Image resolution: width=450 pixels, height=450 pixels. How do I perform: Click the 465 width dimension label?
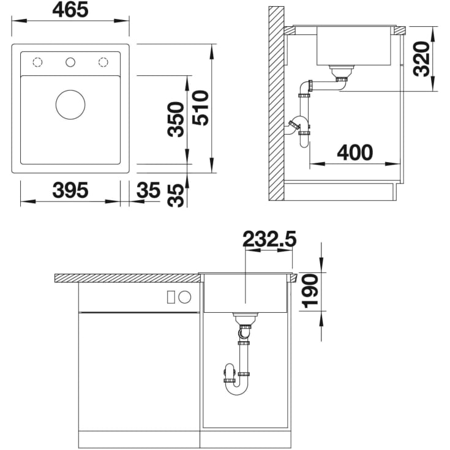(70, 10)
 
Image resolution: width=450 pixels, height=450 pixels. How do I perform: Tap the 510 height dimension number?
(200, 108)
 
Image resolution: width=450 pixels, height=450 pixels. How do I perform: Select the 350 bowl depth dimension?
(176, 119)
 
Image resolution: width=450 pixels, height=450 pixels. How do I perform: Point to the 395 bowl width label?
(70, 190)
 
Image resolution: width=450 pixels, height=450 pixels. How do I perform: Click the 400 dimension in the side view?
(355, 152)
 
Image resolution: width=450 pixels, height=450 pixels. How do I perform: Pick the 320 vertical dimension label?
(422, 59)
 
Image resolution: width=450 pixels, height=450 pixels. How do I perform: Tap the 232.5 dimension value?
(269, 239)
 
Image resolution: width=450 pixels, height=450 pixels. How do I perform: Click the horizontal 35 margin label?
(148, 190)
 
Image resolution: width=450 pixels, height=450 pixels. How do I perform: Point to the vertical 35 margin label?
(176, 195)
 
